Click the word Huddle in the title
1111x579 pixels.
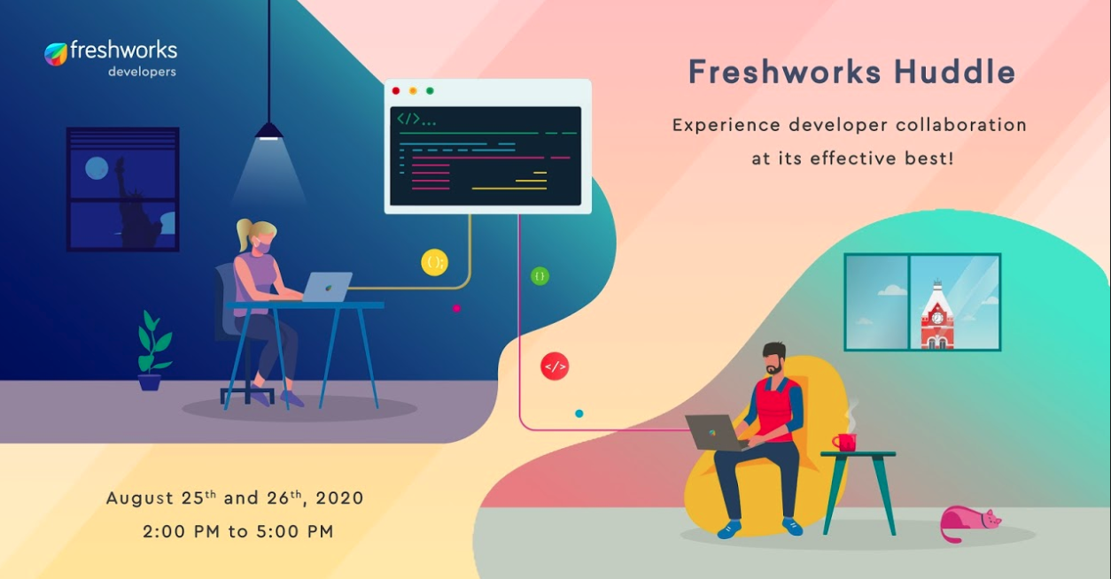coord(955,73)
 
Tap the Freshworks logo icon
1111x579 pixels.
coord(56,54)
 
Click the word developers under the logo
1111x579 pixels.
coord(142,73)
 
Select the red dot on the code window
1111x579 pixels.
coord(396,90)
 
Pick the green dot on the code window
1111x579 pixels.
coord(430,90)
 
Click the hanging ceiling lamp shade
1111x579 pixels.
coord(268,131)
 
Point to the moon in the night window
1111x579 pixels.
coord(97,168)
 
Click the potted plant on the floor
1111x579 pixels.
coord(152,351)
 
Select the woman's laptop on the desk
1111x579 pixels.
coord(326,287)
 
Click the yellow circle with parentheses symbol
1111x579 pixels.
coord(434,262)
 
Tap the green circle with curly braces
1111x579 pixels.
coord(540,275)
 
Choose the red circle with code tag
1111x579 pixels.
coord(555,367)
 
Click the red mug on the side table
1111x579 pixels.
coord(844,442)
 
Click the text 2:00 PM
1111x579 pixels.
coord(182,532)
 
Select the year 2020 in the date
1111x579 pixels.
coord(339,498)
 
